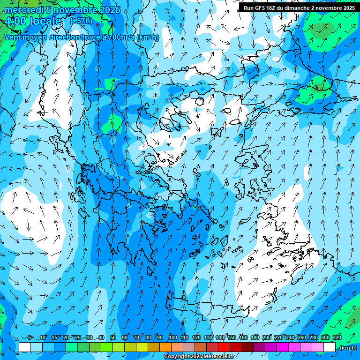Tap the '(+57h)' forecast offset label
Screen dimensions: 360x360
pos(81,21)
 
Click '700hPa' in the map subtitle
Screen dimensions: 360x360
pos(122,37)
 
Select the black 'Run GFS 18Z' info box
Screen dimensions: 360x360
pos(299,7)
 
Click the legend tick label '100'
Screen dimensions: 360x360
pos(173,338)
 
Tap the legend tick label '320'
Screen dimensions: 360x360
pos(337,338)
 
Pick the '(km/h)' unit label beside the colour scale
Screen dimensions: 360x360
pos(348,347)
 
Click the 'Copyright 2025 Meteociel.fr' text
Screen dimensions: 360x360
pos(198,357)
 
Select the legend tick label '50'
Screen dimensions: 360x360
pos(113,338)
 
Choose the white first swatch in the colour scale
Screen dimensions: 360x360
pos(25,347)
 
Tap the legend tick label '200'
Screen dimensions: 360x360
pos(267,338)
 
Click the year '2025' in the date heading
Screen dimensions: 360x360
pos(107,10)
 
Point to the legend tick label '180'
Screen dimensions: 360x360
pos(255,338)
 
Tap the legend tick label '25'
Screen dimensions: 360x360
pos(77,338)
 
